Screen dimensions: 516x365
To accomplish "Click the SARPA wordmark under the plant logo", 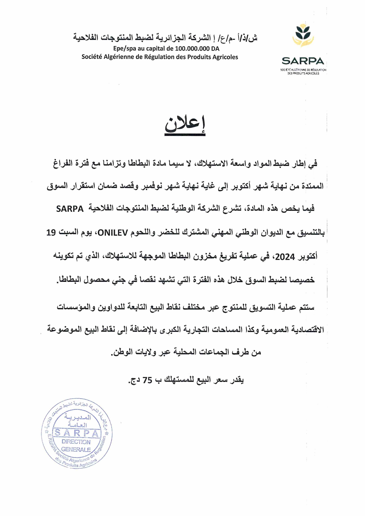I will (x=303, y=61).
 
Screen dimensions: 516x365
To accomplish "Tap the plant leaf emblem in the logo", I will (x=303, y=35).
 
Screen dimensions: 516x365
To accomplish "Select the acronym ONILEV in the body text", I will (x=113, y=233).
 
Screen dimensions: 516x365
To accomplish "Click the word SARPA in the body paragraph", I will (x=70, y=209).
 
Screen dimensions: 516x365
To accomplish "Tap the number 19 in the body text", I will (x=51, y=233).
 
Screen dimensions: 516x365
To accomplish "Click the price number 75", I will (x=147, y=380).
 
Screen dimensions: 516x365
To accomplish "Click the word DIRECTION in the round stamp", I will (x=76, y=442).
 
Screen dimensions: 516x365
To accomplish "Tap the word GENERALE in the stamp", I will (x=76, y=450).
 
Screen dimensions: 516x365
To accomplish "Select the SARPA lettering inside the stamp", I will (x=77, y=433).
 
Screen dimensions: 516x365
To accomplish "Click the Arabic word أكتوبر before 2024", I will (x=308, y=257).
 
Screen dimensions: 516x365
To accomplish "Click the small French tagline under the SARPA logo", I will (x=303, y=71).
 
